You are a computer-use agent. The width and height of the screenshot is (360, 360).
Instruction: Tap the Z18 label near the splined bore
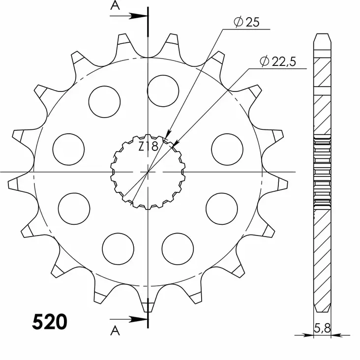[147, 147]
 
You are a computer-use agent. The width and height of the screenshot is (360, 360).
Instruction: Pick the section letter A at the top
[115, 5]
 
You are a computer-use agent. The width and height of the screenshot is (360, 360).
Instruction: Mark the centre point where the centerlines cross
[148, 172]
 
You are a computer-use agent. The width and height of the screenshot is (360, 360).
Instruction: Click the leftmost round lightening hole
[68, 148]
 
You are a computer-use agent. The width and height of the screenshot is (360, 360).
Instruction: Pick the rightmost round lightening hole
[227, 148]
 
